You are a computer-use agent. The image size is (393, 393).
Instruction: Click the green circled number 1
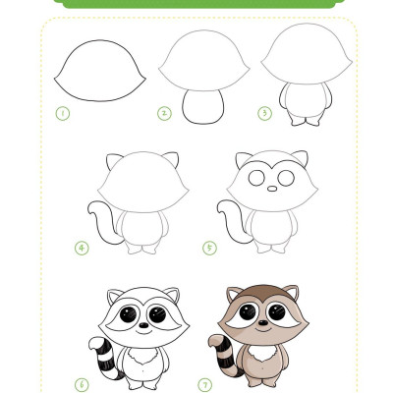click(63, 114)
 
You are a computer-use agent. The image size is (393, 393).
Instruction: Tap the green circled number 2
click(164, 114)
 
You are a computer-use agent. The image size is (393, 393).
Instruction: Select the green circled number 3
click(264, 114)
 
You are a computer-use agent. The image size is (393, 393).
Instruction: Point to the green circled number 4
click(82, 249)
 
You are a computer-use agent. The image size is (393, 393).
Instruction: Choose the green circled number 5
click(209, 248)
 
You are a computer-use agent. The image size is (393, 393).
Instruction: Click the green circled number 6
click(82, 384)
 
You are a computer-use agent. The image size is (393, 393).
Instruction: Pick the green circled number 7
click(205, 384)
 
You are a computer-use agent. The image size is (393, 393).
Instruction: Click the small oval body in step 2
click(203, 106)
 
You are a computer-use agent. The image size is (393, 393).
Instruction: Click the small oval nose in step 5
click(272, 189)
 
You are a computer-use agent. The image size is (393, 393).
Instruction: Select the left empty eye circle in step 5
click(256, 178)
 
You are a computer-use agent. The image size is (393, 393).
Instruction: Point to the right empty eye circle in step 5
click(286, 178)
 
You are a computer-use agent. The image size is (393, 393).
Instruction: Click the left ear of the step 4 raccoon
click(114, 161)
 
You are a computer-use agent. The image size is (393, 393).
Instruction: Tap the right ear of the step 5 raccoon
click(301, 158)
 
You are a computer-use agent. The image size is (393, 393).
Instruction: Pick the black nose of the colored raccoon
click(263, 323)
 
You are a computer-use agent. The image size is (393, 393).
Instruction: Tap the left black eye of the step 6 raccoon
click(128, 314)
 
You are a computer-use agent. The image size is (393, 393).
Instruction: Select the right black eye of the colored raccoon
click(277, 312)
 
